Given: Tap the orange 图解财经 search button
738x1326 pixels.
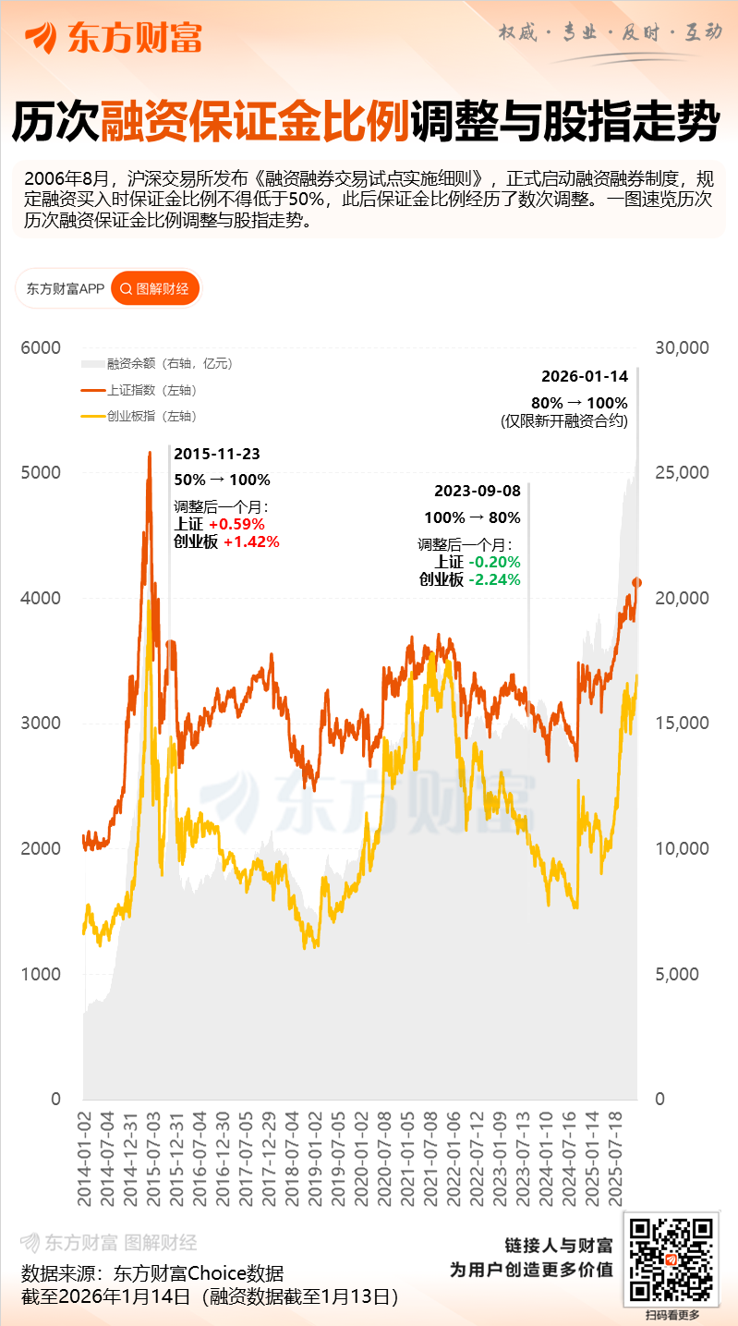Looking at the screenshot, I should tap(155, 289).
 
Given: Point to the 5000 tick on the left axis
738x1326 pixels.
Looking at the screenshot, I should tap(41, 472).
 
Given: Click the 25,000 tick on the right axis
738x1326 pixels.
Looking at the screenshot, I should tap(682, 472).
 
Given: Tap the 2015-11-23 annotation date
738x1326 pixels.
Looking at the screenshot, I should tap(217, 454).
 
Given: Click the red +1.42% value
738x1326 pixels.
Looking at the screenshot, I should tap(251, 541).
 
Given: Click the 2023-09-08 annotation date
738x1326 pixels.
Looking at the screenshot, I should tap(478, 491).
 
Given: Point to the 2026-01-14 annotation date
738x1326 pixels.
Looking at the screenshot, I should tap(584, 376).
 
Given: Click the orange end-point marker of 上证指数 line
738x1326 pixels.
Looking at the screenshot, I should tap(636, 582).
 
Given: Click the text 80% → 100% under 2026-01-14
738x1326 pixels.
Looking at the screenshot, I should tap(579, 403).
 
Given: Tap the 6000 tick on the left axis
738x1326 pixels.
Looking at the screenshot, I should tap(41, 347).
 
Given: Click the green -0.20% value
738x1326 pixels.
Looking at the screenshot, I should tap(493, 562).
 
